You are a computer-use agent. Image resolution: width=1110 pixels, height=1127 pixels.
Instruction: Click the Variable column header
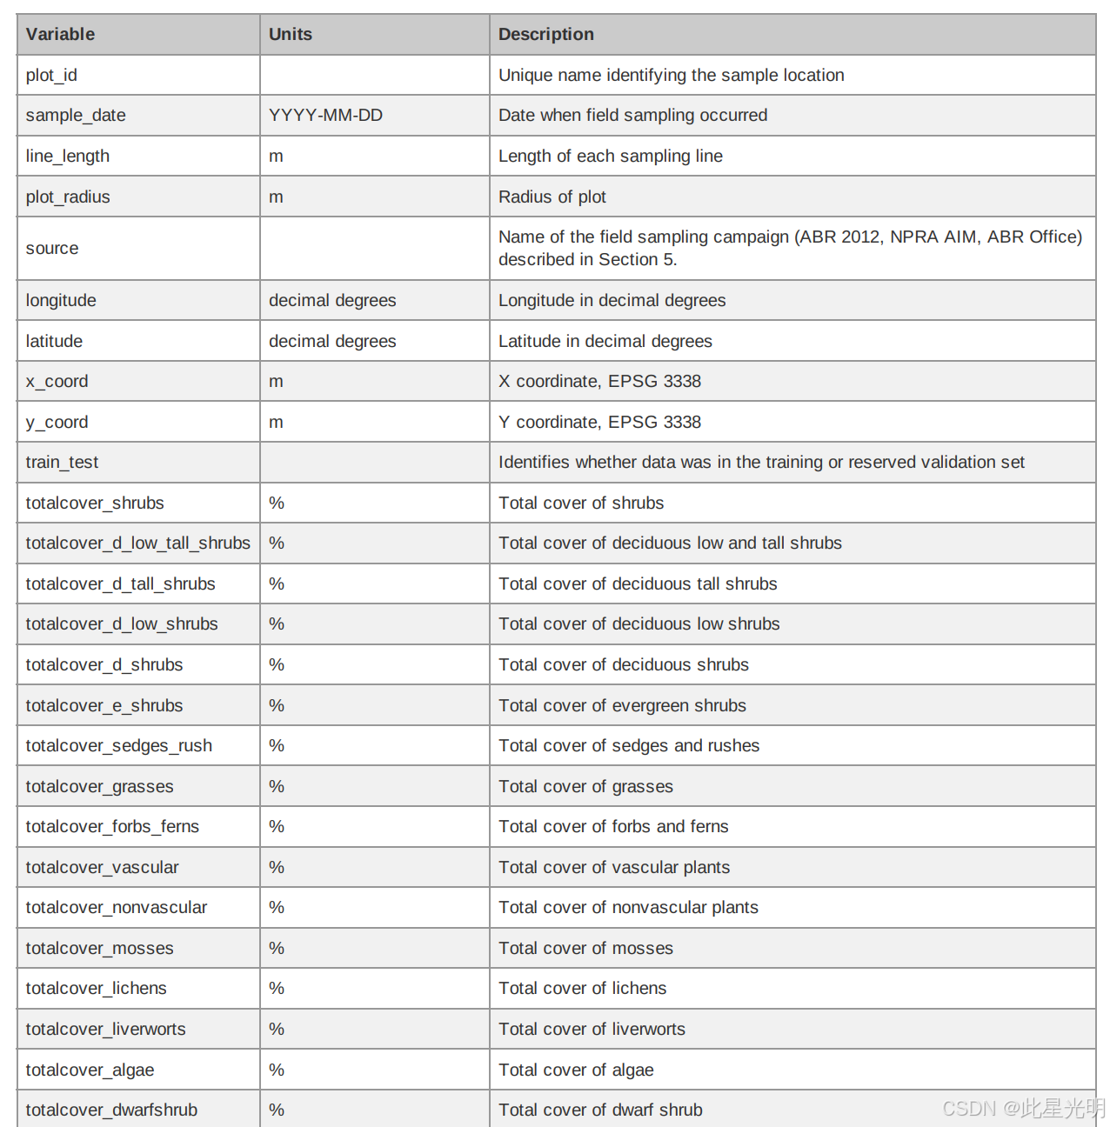pyautogui.click(x=60, y=35)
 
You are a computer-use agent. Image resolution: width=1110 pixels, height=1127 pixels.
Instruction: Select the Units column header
pyautogui.click(x=290, y=35)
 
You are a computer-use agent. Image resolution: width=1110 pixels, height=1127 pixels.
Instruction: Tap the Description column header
pyautogui.click(x=545, y=35)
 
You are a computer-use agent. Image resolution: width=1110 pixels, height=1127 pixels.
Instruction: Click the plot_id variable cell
pyautogui.click(x=51, y=76)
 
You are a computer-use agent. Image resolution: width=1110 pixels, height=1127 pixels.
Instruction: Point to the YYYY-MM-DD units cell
pyautogui.click(x=325, y=116)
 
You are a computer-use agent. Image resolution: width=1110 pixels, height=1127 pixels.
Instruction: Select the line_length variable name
pyautogui.click(x=67, y=157)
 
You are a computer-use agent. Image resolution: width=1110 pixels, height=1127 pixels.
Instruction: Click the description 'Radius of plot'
pyautogui.click(x=552, y=197)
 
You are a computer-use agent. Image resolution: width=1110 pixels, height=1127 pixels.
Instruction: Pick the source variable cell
pyautogui.click(x=52, y=249)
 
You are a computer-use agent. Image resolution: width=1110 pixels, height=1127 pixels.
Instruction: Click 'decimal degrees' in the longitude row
pyautogui.click(x=331, y=301)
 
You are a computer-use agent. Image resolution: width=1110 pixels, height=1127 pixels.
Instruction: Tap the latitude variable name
pyautogui.click(x=54, y=342)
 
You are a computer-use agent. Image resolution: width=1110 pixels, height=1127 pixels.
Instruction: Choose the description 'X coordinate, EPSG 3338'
pyautogui.click(x=599, y=382)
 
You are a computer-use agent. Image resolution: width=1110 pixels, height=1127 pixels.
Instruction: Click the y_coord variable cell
pyautogui.click(x=57, y=423)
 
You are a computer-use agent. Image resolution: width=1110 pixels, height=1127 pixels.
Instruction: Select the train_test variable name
pyautogui.click(x=62, y=463)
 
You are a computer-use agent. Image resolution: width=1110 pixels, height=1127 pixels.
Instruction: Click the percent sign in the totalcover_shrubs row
pyautogui.click(x=277, y=503)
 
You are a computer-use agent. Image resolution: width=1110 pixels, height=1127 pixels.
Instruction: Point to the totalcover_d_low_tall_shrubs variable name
pyautogui.click(x=137, y=543)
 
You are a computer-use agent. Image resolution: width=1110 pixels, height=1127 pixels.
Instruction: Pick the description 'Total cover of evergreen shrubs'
pyautogui.click(x=622, y=706)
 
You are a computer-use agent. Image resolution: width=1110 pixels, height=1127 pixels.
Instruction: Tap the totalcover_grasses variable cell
pyautogui.click(x=99, y=787)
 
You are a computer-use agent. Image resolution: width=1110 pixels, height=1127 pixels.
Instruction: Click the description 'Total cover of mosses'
pyautogui.click(x=585, y=949)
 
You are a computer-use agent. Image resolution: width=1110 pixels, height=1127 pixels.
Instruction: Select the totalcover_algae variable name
pyautogui.click(x=90, y=1070)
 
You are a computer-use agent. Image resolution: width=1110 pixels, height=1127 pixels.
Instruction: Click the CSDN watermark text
pyautogui.click(x=1022, y=1108)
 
